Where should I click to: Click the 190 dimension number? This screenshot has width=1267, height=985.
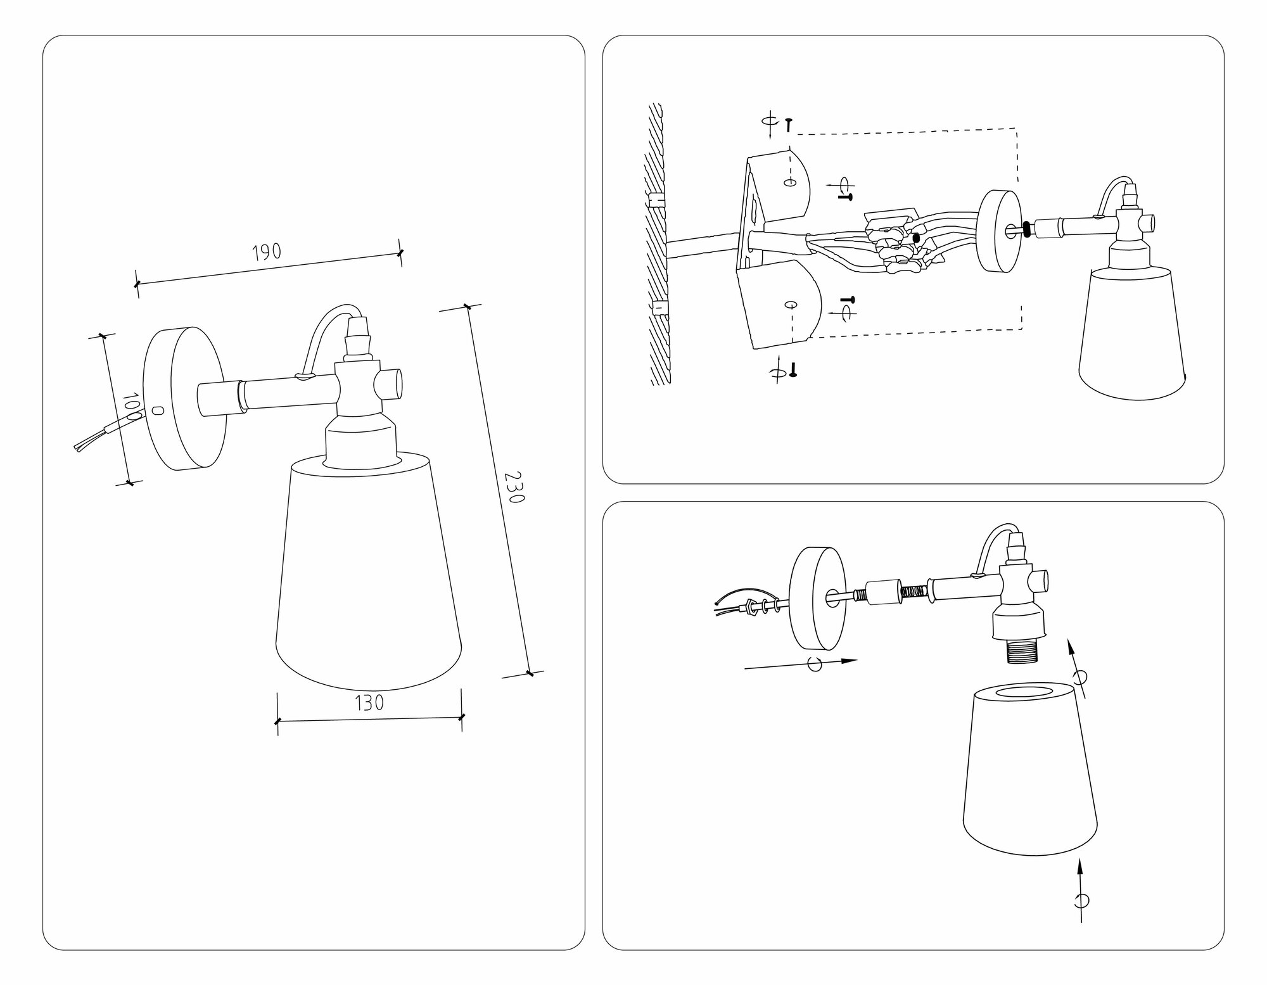[x=267, y=252]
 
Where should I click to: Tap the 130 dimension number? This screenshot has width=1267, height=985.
[x=370, y=703]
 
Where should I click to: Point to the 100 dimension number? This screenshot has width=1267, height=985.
[x=132, y=409]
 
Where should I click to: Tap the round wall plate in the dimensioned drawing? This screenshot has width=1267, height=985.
[x=184, y=398]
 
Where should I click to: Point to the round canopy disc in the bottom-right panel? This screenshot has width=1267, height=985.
[x=817, y=598]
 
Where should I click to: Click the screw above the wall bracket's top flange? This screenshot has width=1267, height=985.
[x=788, y=125]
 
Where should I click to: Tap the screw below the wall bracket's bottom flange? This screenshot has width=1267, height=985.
[x=793, y=370]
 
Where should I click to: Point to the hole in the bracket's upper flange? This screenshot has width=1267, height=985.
[x=789, y=183]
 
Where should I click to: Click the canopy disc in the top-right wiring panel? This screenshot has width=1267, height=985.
[x=1000, y=231]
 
